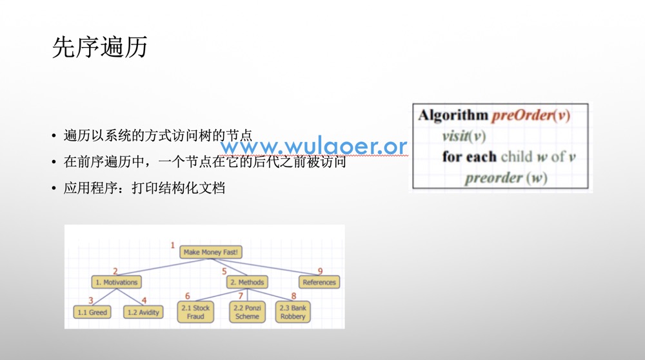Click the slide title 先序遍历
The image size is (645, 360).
[x=100, y=47]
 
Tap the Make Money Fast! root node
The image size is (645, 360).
[x=211, y=252]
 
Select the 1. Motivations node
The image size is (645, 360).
[x=116, y=282]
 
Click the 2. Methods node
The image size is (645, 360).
[x=247, y=282]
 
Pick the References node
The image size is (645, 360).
[x=319, y=282]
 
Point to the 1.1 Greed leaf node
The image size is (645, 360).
[x=92, y=312]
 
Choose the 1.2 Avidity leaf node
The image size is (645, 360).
[x=143, y=312]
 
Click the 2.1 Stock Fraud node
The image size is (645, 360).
[x=195, y=312]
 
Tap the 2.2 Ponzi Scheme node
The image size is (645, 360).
[x=247, y=312]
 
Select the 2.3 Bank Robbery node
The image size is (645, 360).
[x=293, y=312]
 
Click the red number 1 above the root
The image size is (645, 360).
[x=173, y=245]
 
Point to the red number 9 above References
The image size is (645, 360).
[x=320, y=271]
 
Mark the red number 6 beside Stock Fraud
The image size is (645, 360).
[x=188, y=296]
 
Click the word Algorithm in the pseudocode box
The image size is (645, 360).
[x=453, y=115]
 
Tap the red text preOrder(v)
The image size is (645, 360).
[x=531, y=115]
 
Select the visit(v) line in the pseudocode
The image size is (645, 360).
[x=464, y=135]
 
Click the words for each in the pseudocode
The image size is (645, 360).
[x=470, y=157]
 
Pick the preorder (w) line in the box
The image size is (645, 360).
[x=506, y=177]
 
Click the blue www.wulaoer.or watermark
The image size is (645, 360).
[x=314, y=146]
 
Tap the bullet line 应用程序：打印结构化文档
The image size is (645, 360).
[x=144, y=188]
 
